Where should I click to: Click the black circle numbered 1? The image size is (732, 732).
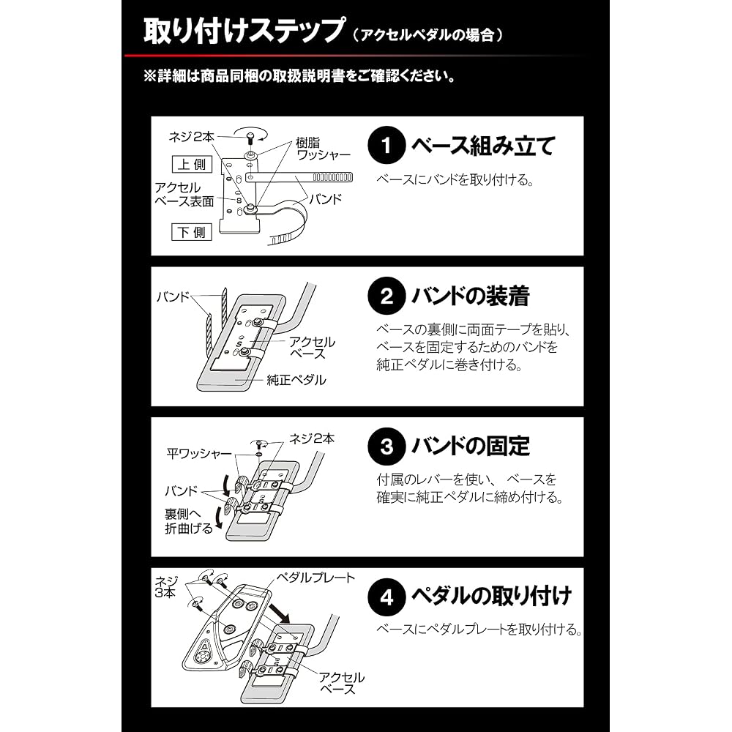[386, 145]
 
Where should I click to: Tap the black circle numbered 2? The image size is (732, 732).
[386, 296]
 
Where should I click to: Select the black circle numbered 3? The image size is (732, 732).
[386, 447]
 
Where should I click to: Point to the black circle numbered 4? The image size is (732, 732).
[386, 597]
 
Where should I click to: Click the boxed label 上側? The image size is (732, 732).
[192, 164]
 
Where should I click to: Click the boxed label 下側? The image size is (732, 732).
[192, 232]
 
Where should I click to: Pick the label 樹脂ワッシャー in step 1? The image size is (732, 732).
[323, 149]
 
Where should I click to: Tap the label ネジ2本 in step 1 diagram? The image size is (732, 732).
[191, 137]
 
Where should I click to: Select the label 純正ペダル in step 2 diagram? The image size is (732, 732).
[296, 380]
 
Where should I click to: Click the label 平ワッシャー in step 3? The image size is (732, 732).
[199, 453]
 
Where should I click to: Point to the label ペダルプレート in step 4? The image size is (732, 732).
[315, 578]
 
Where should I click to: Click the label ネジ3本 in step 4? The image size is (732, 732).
[165, 587]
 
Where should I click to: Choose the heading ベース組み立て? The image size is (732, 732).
[483, 146]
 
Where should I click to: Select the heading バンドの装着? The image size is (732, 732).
[471, 296]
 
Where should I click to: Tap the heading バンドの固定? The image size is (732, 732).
[471, 447]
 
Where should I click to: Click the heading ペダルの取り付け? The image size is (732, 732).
[491, 596]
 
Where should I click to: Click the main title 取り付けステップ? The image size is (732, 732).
[244, 31]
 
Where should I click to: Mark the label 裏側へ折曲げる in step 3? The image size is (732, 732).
[189, 521]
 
